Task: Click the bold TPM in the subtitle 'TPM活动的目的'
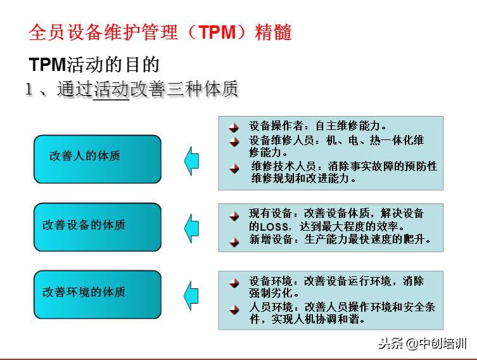(48, 65)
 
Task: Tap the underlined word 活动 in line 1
(111, 90)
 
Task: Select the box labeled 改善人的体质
(97, 156)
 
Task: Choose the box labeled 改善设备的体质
(97, 225)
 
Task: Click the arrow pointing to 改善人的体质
(191, 159)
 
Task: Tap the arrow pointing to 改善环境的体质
(191, 295)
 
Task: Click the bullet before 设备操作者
(234, 127)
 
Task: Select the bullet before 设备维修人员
(234, 141)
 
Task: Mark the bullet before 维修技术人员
(235, 168)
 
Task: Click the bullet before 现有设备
(234, 215)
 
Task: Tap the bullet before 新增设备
(234, 241)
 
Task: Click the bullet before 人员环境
(234, 309)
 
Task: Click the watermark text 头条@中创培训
(423, 344)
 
